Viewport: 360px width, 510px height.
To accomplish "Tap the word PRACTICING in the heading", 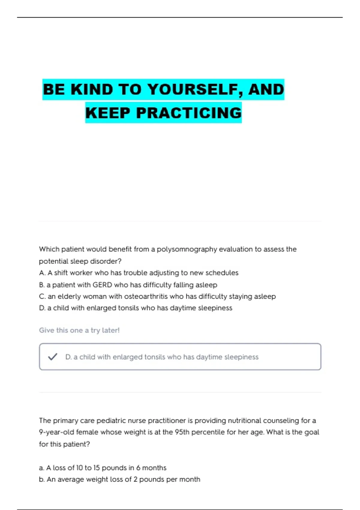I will coord(189,113).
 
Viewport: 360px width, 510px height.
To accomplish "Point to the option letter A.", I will coord(42,273).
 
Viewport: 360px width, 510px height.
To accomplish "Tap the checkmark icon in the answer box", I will coord(52,357).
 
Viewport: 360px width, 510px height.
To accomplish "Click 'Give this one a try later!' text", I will coord(79,330).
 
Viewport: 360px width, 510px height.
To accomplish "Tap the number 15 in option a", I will coord(96,468).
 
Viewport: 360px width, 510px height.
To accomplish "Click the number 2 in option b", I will coord(135,479).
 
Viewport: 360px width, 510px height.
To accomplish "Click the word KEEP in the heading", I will coord(108,113).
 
